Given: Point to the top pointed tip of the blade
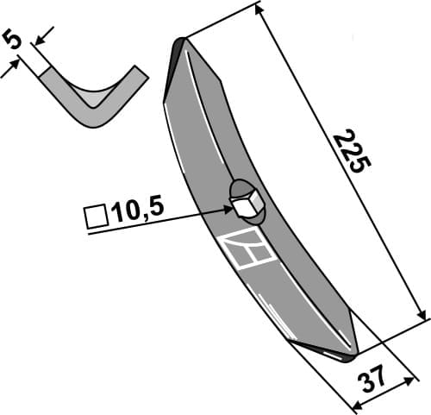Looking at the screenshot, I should [180, 43].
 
